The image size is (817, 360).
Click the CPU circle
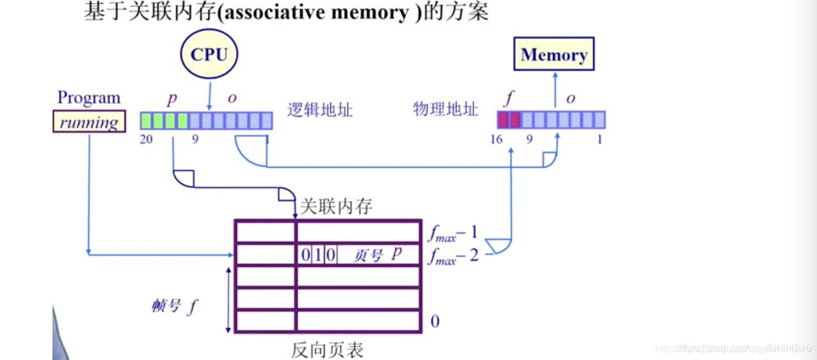pyautogui.click(x=209, y=54)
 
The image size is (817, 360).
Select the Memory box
pyautogui.click(x=554, y=55)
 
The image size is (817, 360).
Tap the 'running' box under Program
pyautogui.click(x=89, y=122)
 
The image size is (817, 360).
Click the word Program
pyautogui.click(x=89, y=98)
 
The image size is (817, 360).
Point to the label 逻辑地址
pyautogui.click(x=320, y=110)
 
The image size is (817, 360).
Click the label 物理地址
pyautogui.click(x=446, y=109)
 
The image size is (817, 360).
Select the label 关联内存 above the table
pyautogui.click(x=336, y=206)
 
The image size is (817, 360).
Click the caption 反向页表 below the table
pyautogui.click(x=327, y=350)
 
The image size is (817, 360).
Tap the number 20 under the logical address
pyautogui.click(x=146, y=139)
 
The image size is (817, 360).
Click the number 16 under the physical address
pyautogui.click(x=497, y=139)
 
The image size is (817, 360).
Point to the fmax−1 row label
pyautogui.click(x=453, y=233)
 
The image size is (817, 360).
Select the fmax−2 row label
pyautogui.click(x=453, y=256)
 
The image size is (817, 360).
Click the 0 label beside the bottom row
pyautogui.click(x=435, y=321)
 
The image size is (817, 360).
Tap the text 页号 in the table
pyautogui.click(x=368, y=256)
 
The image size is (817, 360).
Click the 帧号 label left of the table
pyautogui.click(x=166, y=306)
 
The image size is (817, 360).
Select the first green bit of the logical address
pyautogui.click(x=146, y=120)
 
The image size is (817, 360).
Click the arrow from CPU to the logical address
pyautogui.click(x=209, y=93)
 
